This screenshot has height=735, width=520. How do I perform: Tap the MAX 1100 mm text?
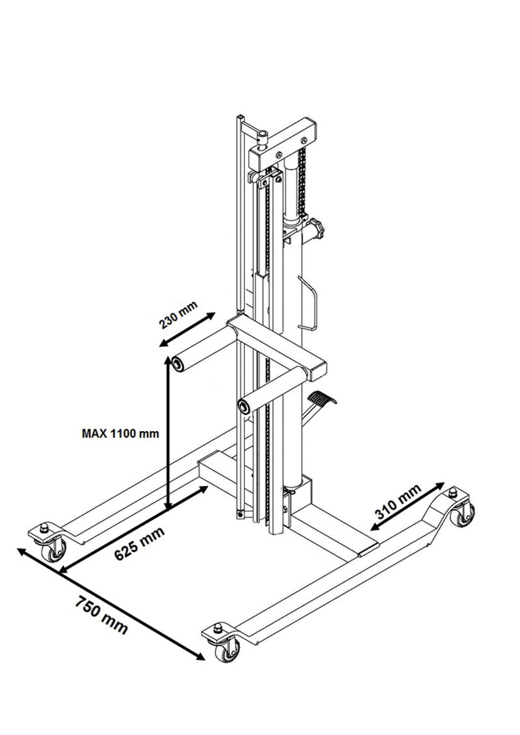120,433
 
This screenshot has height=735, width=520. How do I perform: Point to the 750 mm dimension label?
103,616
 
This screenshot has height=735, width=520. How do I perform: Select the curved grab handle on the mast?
310,302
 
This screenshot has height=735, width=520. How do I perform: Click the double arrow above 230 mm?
187,329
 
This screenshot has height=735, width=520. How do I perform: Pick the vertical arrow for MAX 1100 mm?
168,435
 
